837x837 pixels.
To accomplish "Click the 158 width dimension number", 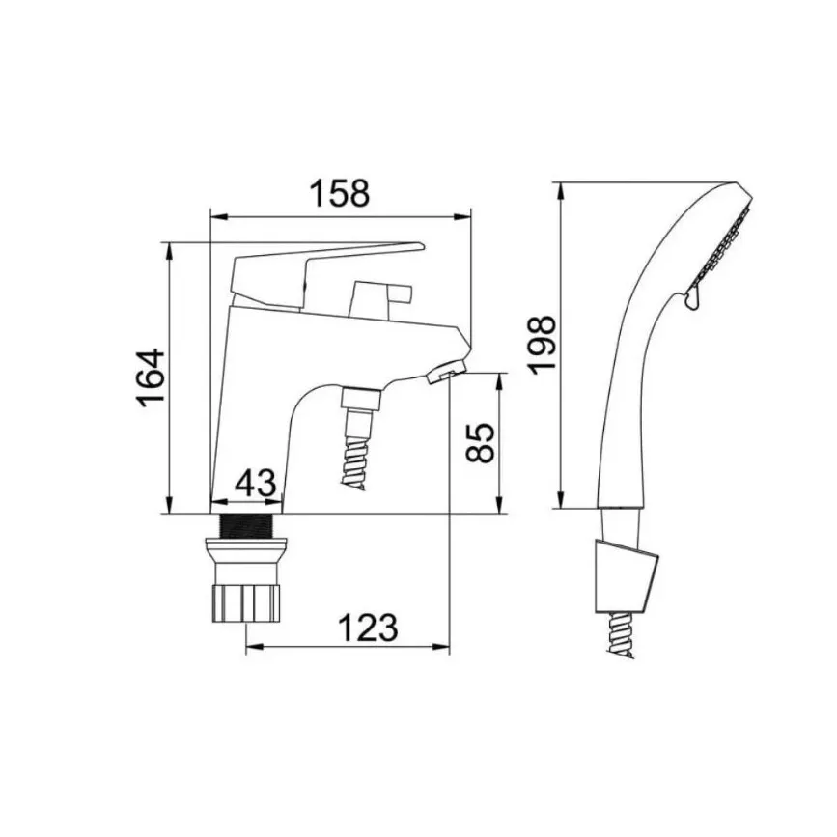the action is pos(340,193).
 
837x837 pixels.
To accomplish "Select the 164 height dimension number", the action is pos(151,377).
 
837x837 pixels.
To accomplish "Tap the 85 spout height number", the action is pos(481,442).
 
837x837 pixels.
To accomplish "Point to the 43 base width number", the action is pos(256,483).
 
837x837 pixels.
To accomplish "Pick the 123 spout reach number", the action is pos(369,628).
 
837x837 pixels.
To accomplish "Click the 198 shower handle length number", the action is pos(542,343).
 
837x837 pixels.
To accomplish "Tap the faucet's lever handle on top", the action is pos(326,274).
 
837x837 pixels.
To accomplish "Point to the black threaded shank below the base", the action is pos(246,526).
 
